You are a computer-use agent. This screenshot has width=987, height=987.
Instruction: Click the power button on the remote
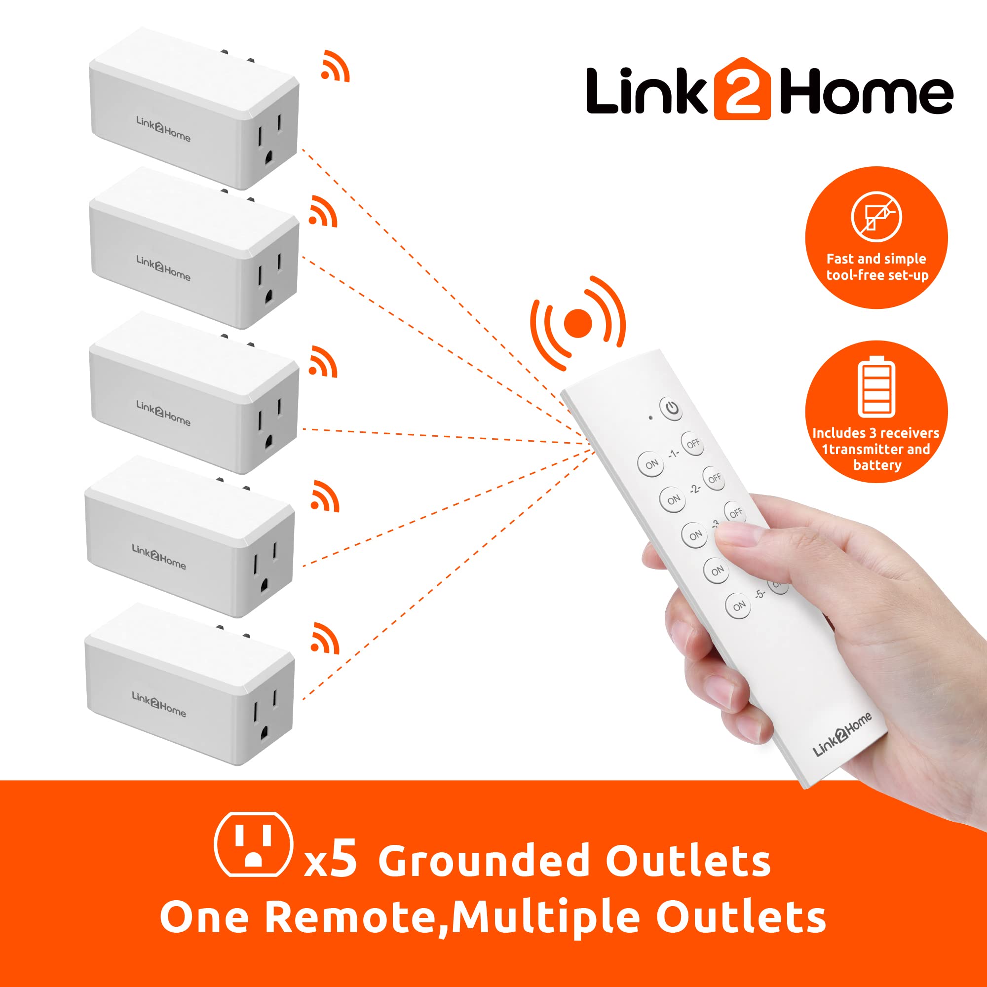click(671, 408)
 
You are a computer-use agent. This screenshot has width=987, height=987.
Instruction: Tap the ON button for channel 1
click(651, 464)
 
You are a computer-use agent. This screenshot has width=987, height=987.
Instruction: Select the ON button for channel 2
click(673, 499)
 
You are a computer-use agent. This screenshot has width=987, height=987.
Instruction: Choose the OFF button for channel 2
click(715, 478)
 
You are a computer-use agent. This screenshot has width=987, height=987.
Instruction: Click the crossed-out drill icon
click(876, 217)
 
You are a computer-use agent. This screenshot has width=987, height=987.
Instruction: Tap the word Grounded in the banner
click(483, 861)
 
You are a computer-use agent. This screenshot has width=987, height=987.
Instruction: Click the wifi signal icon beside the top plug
click(335, 67)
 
